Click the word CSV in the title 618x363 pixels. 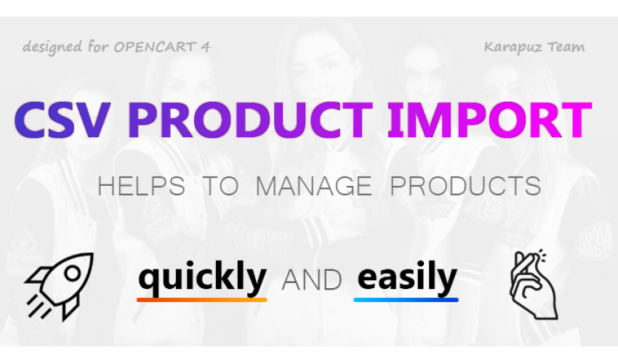pos(62,120)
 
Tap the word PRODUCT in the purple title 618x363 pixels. pos(250,120)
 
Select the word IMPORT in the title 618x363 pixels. pos(490,120)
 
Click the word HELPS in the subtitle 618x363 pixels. pos(141,186)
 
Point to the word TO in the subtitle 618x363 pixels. pos(221,186)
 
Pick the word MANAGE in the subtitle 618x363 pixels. pos(314,186)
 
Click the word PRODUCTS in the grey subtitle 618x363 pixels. pos(465,186)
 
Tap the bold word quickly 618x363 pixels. pos(203,277)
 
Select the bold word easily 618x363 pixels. pos(406,277)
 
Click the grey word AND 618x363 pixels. pos(312,280)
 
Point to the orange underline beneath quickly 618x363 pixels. pos(202,300)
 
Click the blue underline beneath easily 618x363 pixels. pos(406,300)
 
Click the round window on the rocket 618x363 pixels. pos(73,273)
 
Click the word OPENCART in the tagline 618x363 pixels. pos(155,48)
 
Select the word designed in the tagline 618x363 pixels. pos(52,47)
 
